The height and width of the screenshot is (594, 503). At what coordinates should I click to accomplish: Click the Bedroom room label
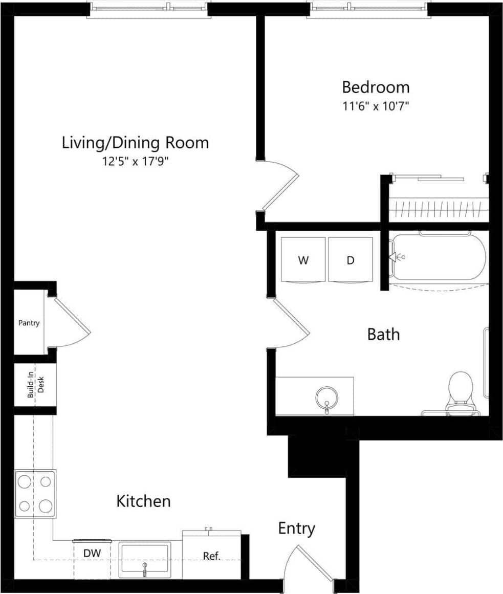376,87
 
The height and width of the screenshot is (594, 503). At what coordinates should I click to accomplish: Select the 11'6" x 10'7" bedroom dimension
376,107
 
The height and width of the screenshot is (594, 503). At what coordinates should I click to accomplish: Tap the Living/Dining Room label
135,142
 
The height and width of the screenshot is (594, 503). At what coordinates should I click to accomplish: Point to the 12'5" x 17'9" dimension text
135,162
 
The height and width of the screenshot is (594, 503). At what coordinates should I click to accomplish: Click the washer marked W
303,259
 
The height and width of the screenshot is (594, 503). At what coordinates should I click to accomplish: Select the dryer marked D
351,259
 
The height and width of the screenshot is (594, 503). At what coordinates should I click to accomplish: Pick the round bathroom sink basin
326,397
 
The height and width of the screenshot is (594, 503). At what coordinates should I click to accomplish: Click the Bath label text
383,335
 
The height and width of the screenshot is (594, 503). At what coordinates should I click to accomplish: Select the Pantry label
29,323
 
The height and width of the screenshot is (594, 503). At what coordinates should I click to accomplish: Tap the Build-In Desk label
35,385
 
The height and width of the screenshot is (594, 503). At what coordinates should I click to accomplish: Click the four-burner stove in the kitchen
35,494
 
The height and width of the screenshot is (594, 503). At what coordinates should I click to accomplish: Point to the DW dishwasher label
92,553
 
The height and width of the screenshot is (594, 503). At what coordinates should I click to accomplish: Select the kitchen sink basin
144,560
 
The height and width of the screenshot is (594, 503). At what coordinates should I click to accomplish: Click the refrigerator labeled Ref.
211,556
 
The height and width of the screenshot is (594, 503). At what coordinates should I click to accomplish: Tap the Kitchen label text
143,501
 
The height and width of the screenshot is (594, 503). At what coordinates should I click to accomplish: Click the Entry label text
296,528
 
